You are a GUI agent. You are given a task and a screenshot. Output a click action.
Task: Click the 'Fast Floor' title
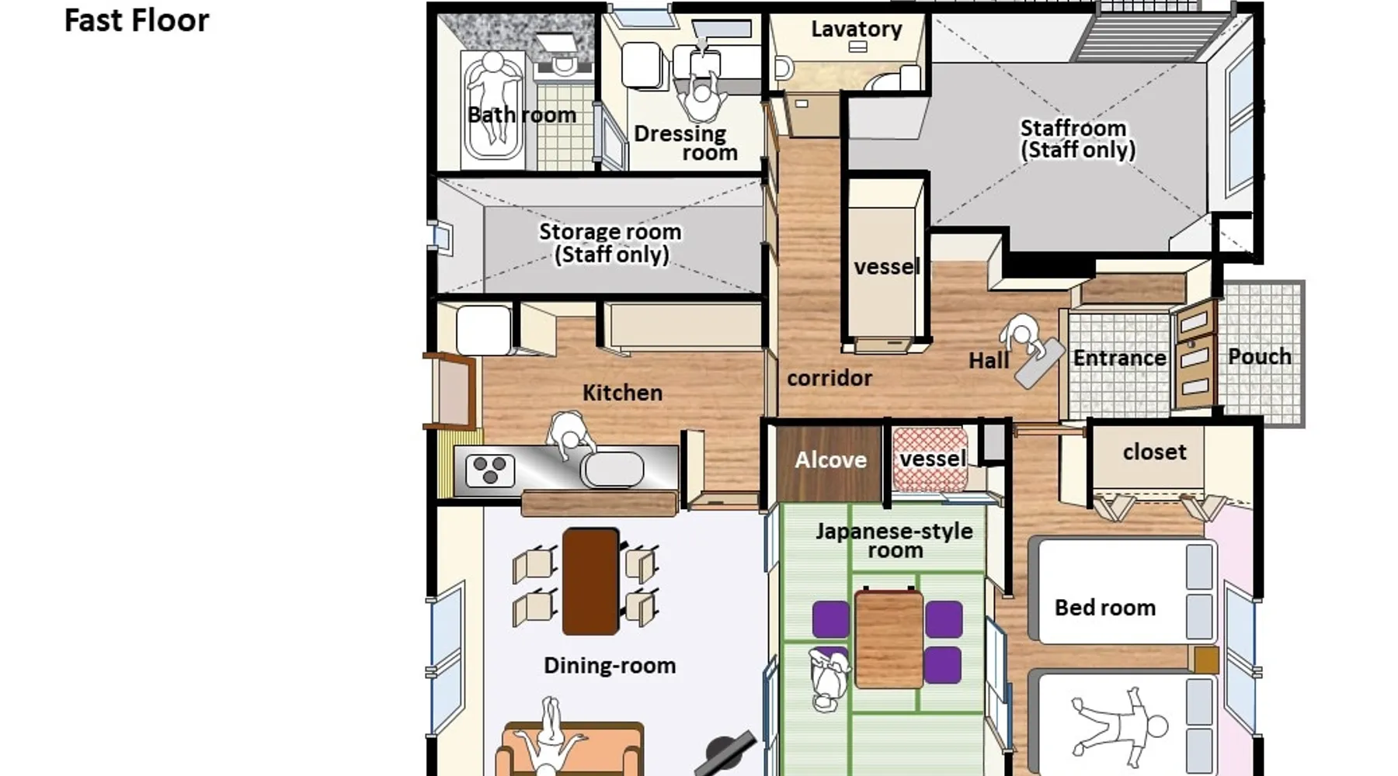click(x=137, y=21)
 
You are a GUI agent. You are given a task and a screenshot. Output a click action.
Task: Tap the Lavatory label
click(x=857, y=29)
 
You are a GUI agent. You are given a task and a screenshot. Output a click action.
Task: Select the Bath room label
click(x=522, y=115)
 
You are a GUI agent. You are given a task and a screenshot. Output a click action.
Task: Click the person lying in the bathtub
click(x=492, y=97)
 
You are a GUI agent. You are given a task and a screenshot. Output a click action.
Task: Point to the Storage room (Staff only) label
click(x=610, y=243)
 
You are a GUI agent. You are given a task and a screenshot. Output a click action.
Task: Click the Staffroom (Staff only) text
click(x=1077, y=139)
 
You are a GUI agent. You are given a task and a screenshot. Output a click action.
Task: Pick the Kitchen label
click(x=622, y=393)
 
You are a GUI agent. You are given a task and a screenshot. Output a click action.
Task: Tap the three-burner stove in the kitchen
click(x=490, y=470)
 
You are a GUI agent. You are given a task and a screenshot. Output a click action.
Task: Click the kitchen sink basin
click(x=613, y=469)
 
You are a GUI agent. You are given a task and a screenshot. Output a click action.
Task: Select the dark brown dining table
click(x=590, y=581)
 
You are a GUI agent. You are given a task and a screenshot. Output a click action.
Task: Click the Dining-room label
click(x=610, y=665)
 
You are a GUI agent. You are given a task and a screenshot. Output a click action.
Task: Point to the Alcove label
click(x=830, y=460)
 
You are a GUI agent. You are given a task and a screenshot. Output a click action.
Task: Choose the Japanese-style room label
click(x=894, y=540)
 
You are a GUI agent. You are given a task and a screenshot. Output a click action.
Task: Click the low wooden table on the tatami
click(x=889, y=639)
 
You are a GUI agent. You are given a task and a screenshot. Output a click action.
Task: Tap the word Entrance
click(x=1119, y=358)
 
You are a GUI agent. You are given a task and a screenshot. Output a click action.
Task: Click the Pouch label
click(x=1259, y=356)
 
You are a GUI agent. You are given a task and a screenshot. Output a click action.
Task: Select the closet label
click(x=1154, y=452)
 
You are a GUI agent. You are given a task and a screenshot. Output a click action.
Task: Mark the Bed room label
click(x=1104, y=608)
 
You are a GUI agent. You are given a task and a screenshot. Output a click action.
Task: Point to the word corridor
click(x=829, y=378)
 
